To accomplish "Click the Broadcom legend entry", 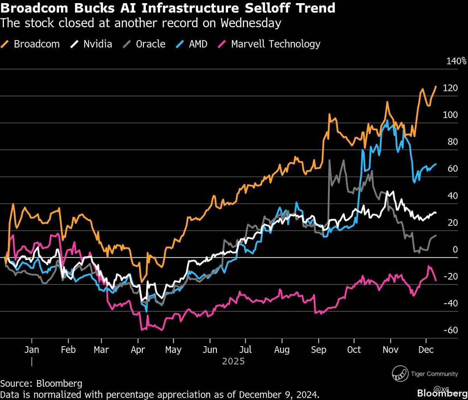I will [37, 44].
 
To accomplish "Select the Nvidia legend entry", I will [97, 44].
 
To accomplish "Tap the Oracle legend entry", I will [150, 44].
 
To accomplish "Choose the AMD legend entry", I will [198, 44].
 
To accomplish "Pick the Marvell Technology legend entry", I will [275, 44].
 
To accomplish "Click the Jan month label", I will [32, 349].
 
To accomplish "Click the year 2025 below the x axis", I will [233, 361].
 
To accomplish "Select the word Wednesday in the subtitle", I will [251, 23].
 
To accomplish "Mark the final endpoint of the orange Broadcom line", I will [436, 87].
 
